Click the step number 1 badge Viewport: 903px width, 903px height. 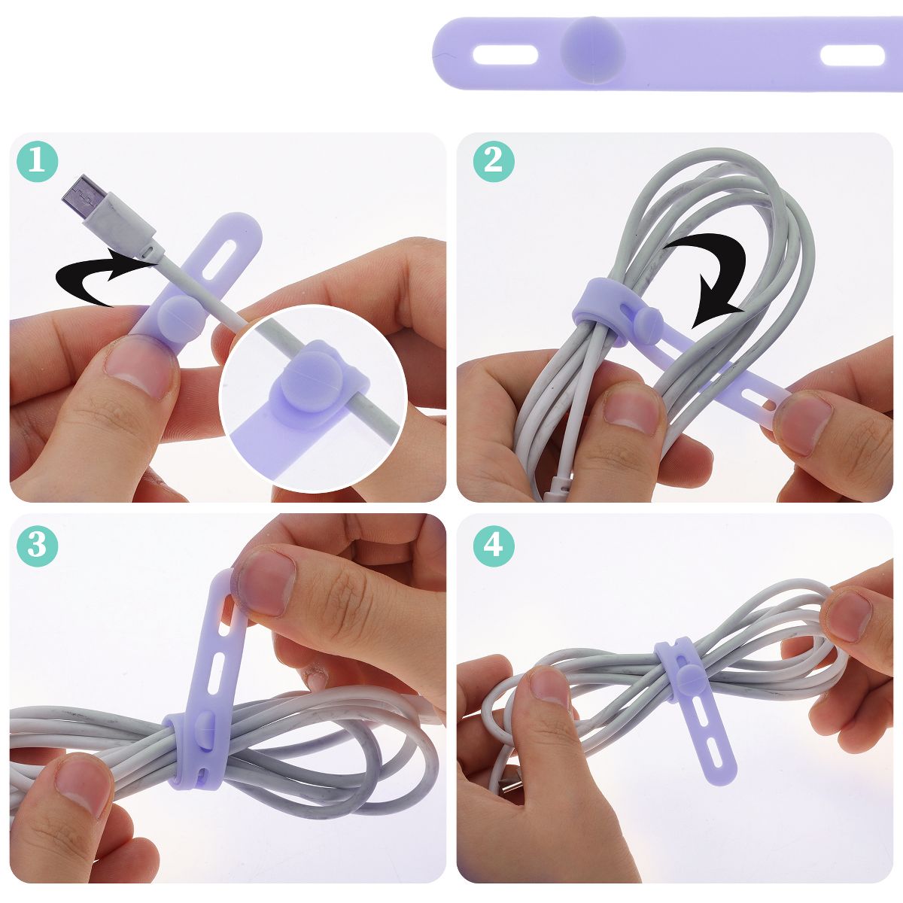(38, 161)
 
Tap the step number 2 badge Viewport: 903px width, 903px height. (494, 161)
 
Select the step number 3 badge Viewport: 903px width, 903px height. (38, 546)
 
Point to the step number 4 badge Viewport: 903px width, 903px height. (494, 546)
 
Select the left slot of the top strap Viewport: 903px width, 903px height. (505, 55)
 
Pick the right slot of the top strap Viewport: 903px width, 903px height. (853, 55)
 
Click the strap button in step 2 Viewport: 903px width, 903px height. (649, 319)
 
